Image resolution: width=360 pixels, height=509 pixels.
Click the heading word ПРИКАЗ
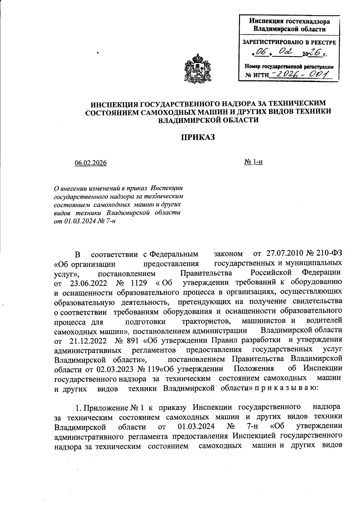tap(198, 137)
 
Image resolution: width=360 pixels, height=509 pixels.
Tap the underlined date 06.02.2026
tap(91, 163)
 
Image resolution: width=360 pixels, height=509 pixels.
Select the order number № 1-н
tap(253, 162)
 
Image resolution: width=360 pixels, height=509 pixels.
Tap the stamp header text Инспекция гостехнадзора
tap(289, 22)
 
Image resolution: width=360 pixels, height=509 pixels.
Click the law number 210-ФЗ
tap(329, 254)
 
